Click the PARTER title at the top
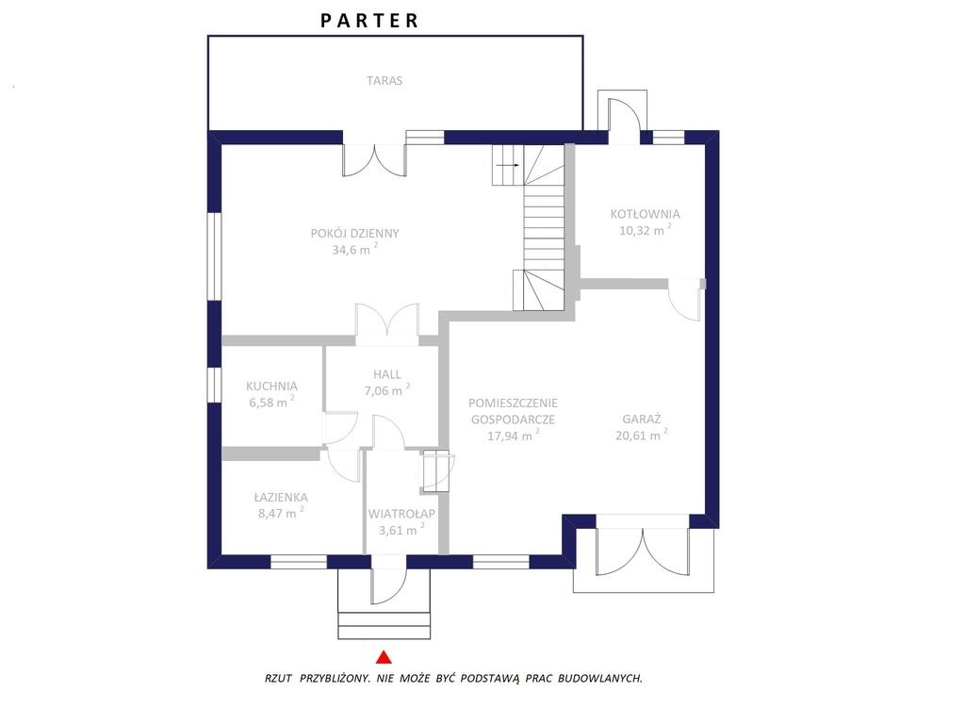pos(369,21)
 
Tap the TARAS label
pos(384,81)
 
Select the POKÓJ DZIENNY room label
pos(355,234)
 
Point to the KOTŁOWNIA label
pos(645,214)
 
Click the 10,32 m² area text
pos(645,230)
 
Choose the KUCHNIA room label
pos(271,386)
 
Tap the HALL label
pos(386,373)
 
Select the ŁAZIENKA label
pos(281,497)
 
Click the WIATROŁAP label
pos(401,514)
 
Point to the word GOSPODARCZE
pos(513,420)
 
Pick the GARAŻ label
pos(641,420)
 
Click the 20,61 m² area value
pos(641,435)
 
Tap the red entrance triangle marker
pos(384,657)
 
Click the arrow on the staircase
pos(508,166)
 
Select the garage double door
pos(642,550)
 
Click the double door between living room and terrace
pos(374,159)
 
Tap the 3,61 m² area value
pos(401,530)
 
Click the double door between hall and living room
pos(387,320)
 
